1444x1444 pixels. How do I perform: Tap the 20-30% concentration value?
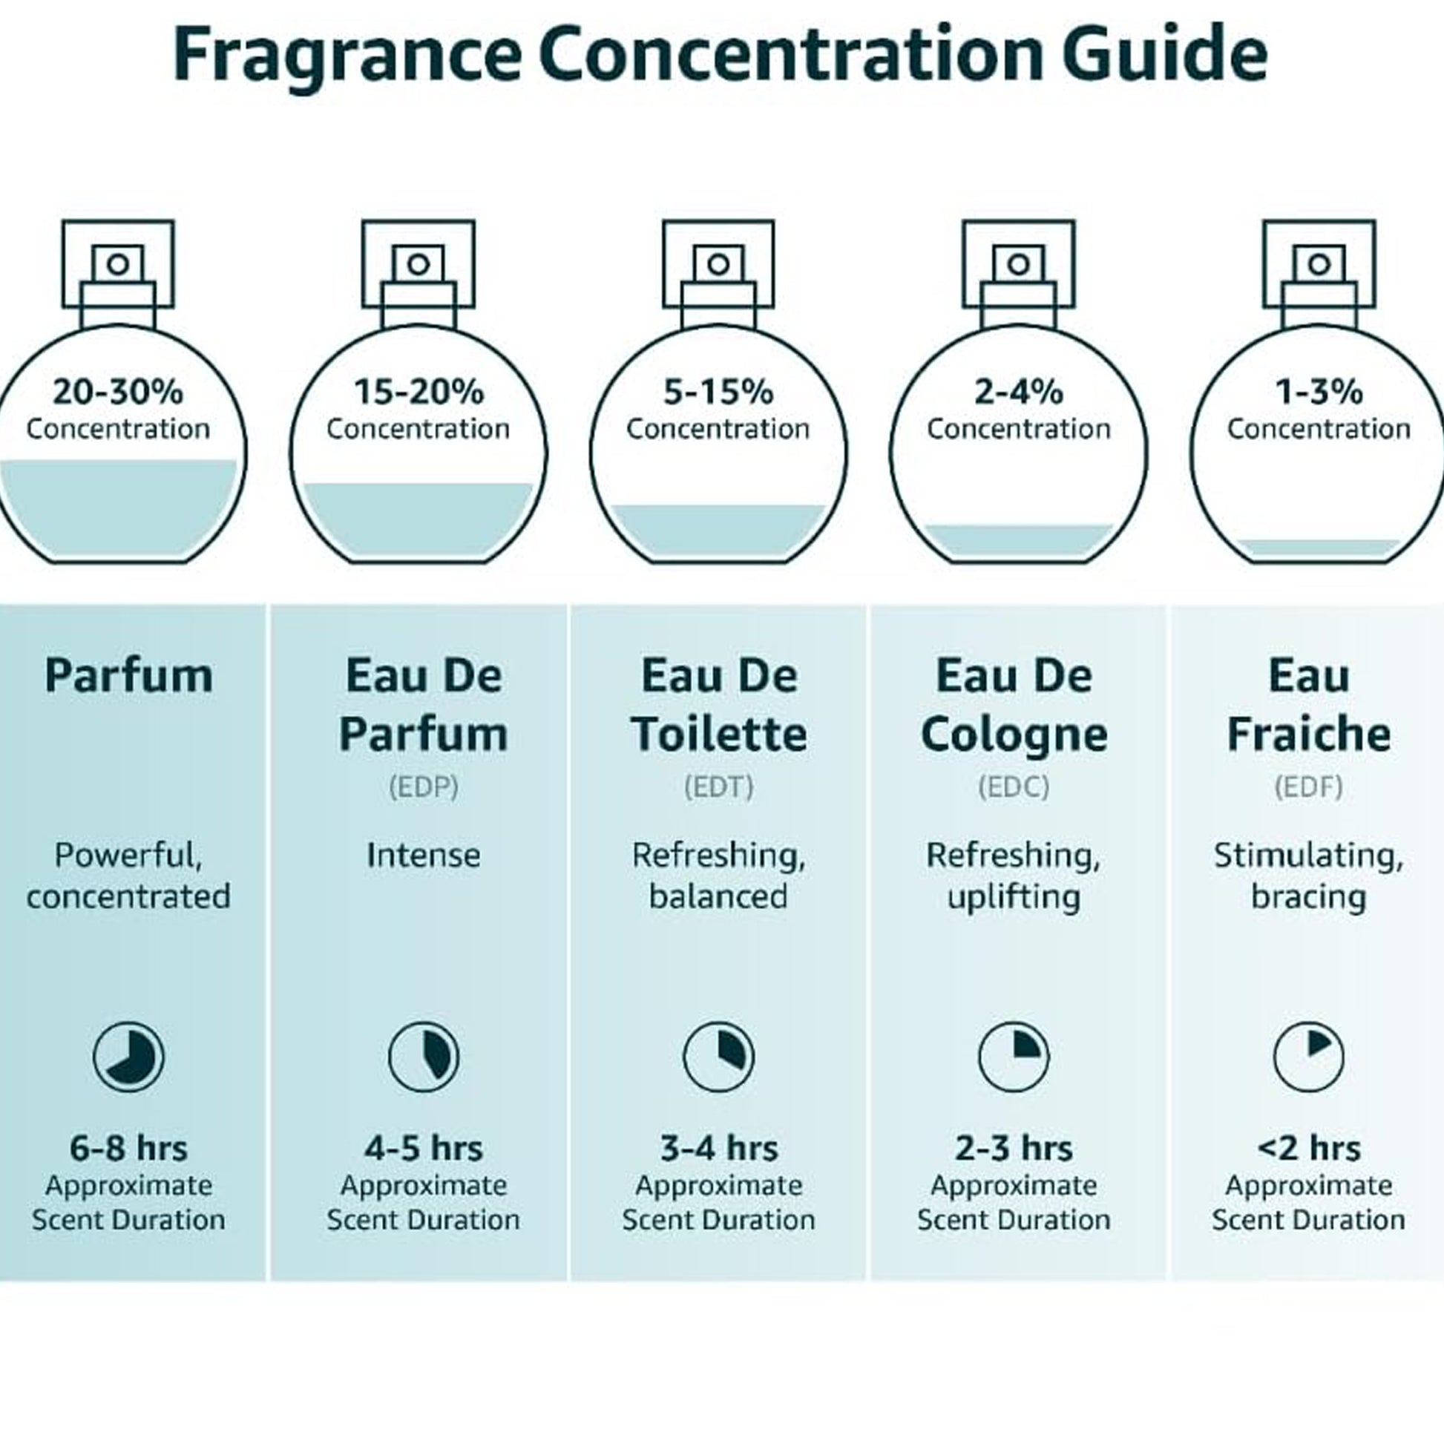pyautogui.click(x=118, y=392)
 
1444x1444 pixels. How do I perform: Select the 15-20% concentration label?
pyautogui.click(x=419, y=392)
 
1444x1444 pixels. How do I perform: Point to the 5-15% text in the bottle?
pyautogui.click(x=718, y=392)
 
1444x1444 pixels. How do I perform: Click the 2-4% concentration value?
pyautogui.click(x=1019, y=392)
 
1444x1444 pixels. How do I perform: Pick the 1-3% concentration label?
pyautogui.click(x=1319, y=392)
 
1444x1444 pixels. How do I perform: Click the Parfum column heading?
pyautogui.click(x=128, y=676)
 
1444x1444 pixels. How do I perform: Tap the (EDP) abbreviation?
pyautogui.click(x=424, y=787)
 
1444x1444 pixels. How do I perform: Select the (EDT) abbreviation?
pyautogui.click(x=719, y=787)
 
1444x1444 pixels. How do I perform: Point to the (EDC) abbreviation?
pyautogui.click(x=1014, y=787)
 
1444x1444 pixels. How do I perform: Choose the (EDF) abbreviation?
pyautogui.click(x=1309, y=787)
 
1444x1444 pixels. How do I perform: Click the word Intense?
pyautogui.click(x=424, y=855)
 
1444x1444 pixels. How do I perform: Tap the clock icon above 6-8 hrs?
pyautogui.click(x=128, y=1057)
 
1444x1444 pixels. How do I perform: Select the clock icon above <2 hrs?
pyautogui.click(x=1309, y=1057)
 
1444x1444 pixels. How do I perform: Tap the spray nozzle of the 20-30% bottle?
pyautogui.click(x=118, y=264)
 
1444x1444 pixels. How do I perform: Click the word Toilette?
pyautogui.click(x=719, y=734)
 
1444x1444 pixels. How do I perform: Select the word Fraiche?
pyautogui.click(x=1309, y=734)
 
